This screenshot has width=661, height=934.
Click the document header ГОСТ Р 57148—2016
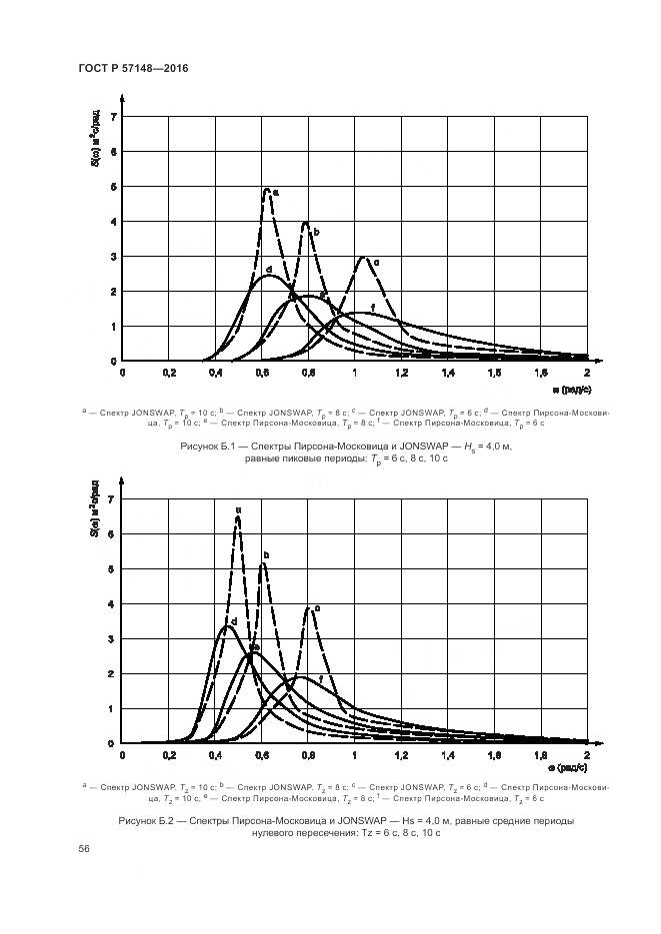pyautogui.click(x=132, y=67)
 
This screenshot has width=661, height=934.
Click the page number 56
pyautogui.click(x=84, y=848)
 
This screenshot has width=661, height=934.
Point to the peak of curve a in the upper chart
pyautogui.click(x=267, y=188)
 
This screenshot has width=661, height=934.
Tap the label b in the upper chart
pyautogui.click(x=316, y=232)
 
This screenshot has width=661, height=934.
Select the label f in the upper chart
pyautogui.click(x=373, y=307)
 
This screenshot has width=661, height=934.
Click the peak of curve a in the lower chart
pyautogui.click(x=238, y=517)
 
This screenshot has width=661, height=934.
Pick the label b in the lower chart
pyautogui.click(x=266, y=555)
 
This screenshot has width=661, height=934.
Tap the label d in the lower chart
pyautogui.click(x=233, y=622)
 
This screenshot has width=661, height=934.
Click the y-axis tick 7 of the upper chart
pyautogui.click(x=113, y=118)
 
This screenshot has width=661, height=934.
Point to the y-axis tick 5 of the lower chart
pyautogui.click(x=113, y=569)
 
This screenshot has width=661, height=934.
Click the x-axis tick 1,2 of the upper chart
pyautogui.click(x=400, y=373)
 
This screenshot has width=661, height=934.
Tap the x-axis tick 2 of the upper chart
pyautogui.click(x=585, y=373)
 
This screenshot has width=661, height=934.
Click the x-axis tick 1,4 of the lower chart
pyautogui.click(x=446, y=756)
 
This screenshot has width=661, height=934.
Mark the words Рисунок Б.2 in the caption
pyautogui.click(x=149, y=820)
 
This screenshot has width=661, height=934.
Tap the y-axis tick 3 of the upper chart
pyautogui.click(x=113, y=257)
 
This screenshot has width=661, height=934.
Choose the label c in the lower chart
pyautogui.click(x=317, y=608)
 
